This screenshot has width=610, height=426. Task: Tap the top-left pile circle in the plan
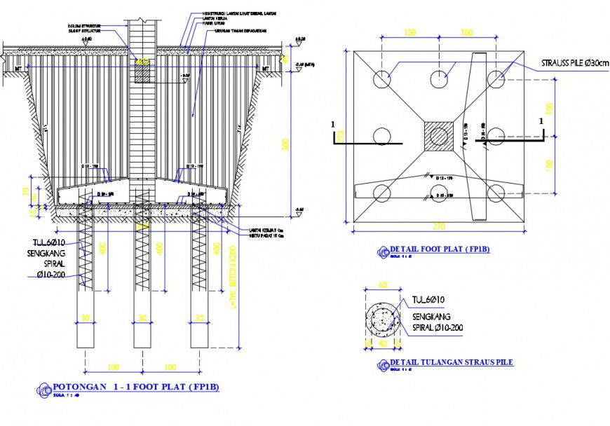tap(382, 79)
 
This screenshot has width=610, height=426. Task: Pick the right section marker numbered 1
tap(541, 121)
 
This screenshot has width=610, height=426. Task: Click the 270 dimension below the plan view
tap(439, 227)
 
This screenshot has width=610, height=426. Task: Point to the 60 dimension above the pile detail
tap(382, 285)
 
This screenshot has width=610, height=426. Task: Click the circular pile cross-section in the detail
tap(382, 319)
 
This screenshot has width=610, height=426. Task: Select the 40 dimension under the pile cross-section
tap(382, 343)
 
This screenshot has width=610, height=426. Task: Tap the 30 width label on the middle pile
tap(142, 318)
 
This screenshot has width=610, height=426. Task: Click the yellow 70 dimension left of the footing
tap(26, 191)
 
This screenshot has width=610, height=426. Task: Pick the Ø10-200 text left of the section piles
tap(57, 276)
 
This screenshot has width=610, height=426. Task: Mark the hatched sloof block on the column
tap(142, 75)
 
